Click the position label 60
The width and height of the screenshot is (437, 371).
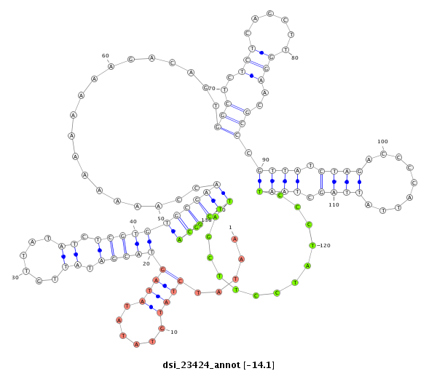pyautogui.click(x=105, y=55)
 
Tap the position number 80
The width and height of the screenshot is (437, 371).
pyautogui.click(x=295, y=58)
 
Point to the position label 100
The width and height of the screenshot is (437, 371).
pyautogui.click(x=382, y=142)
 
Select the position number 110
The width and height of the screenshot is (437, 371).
pyautogui.click(x=334, y=204)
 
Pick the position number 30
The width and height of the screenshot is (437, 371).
pyautogui.click(x=15, y=277)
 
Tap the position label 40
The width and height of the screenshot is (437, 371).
pyautogui.click(x=133, y=222)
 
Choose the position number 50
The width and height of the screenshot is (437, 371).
pyautogui.click(x=160, y=218)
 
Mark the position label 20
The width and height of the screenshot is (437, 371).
pyautogui.click(x=146, y=263)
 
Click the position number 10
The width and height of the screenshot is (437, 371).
pyautogui.click(x=173, y=332)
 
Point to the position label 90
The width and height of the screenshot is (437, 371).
pyautogui.click(x=265, y=159)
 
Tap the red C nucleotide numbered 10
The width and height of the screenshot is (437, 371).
pyautogui.click(x=162, y=329)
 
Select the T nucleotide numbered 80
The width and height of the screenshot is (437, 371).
pyautogui.click(x=286, y=50)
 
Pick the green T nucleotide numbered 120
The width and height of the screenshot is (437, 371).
pyautogui.click(x=312, y=245)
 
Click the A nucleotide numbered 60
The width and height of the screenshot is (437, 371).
pyautogui.click(x=111, y=66)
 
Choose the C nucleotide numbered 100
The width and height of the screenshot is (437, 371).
pyautogui.click(x=382, y=154)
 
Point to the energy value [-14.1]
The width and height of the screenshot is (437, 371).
pyautogui.click(x=260, y=364)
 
